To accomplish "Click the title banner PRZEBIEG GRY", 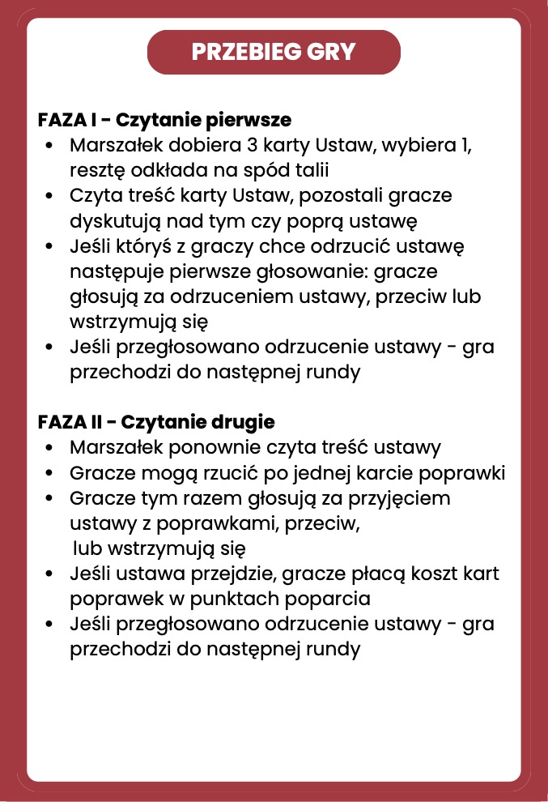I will pyautogui.click(x=274, y=52).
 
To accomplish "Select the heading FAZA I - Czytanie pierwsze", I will pyautogui.click(x=164, y=120).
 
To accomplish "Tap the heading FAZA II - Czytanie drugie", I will pyautogui.click(x=156, y=422).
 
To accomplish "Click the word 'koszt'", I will pyautogui.click(x=447, y=574).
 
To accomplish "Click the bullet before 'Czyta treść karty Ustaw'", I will pyautogui.click(x=51, y=196).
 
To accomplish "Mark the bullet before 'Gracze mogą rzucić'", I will pyautogui.click(x=51, y=473).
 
